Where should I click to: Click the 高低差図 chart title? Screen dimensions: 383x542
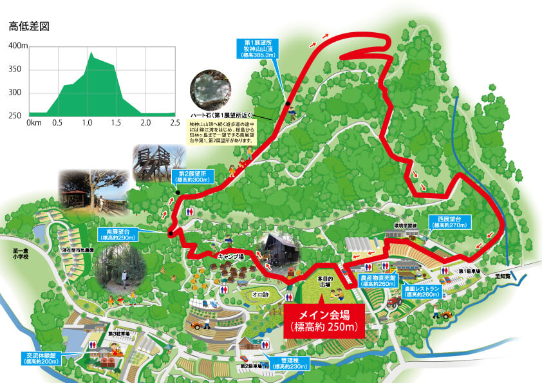[x=30, y=26]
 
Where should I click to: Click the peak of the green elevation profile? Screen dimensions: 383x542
[x=91, y=53]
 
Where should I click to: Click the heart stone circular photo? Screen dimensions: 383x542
[x=209, y=89]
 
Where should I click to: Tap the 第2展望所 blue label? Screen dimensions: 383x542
[x=194, y=176]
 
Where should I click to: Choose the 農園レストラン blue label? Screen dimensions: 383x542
[x=422, y=291]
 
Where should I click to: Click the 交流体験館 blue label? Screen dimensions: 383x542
[x=42, y=357]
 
